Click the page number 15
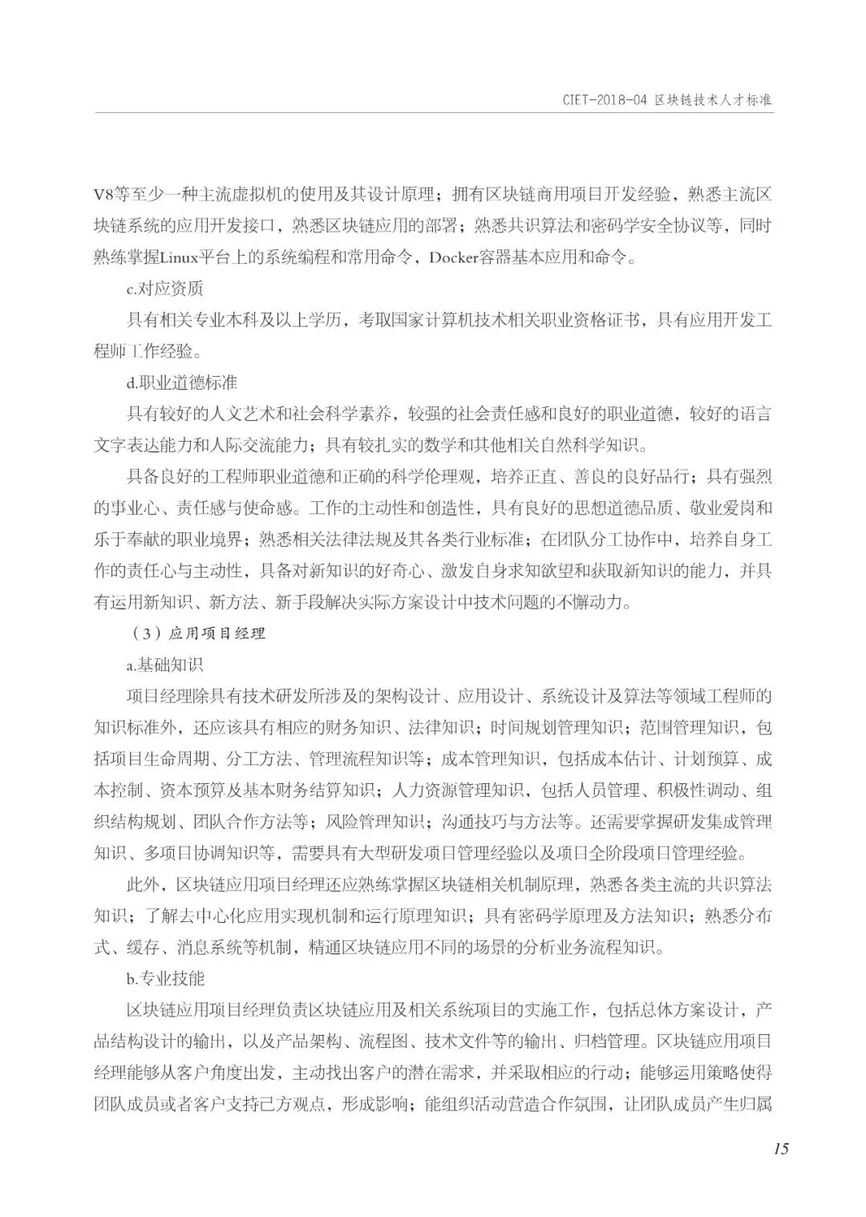point(781,1149)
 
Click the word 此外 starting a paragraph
point(143,884)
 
